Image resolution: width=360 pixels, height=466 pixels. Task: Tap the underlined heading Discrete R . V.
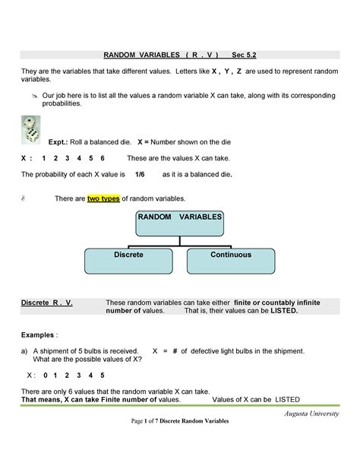click(x=46, y=302)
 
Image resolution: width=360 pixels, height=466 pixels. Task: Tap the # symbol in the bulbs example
click(x=174, y=350)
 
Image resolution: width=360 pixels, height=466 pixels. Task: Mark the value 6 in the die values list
click(x=103, y=157)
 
